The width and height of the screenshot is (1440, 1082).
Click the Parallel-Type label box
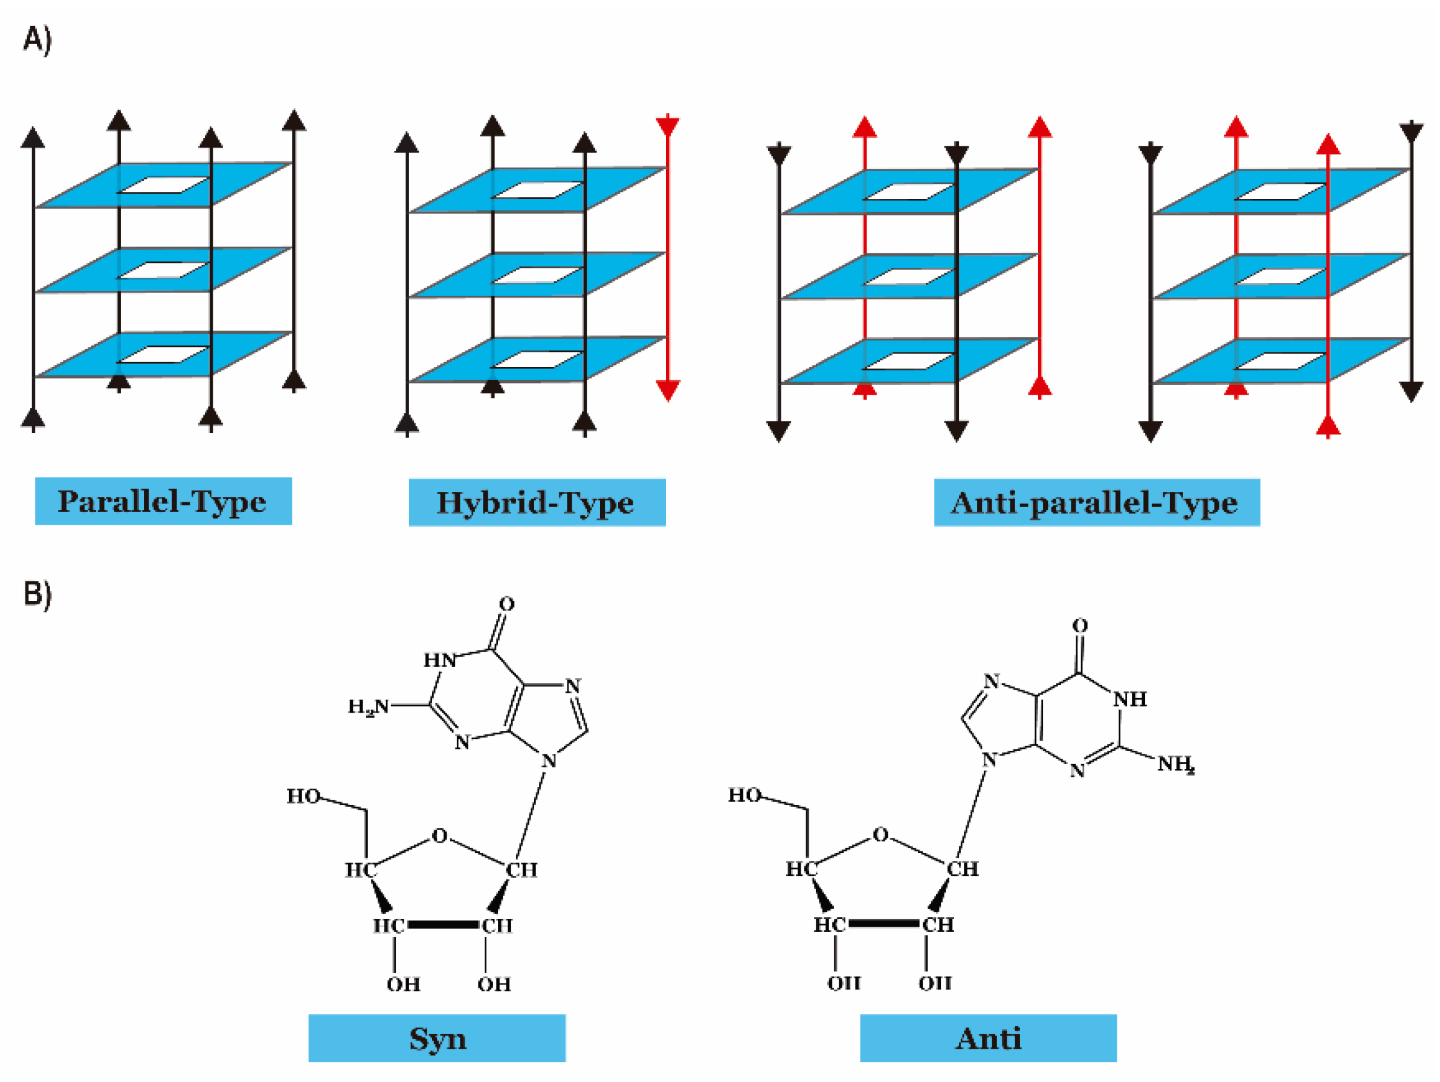click(x=163, y=501)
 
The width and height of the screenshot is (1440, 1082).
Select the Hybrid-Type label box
click(x=537, y=502)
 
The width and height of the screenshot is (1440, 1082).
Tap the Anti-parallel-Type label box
click(x=1096, y=502)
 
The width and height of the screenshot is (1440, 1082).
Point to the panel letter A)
click(x=37, y=40)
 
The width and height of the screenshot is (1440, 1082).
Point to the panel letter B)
click(x=37, y=594)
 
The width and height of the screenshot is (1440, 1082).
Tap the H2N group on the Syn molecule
click(x=369, y=707)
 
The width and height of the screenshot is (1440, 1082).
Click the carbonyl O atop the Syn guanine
click(x=506, y=604)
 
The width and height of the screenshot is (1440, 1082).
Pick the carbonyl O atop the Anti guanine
click(x=1080, y=626)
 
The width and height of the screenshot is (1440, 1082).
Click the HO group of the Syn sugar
click(x=303, y=796)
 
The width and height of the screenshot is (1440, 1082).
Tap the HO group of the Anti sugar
click(x=744, y=795)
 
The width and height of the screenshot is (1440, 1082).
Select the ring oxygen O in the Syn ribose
click(x=440, y=835)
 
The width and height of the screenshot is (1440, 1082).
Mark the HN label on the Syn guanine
click(x=440, y=660)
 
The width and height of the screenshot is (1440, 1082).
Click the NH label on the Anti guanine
click(x=1130, y=699)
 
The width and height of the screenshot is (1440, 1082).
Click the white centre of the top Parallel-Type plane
click(x=163, y=185)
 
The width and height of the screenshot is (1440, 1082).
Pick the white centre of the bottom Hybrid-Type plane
click(x=537, y=360)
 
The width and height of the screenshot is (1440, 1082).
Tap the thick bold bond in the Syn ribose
click(x=443, y=924)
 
